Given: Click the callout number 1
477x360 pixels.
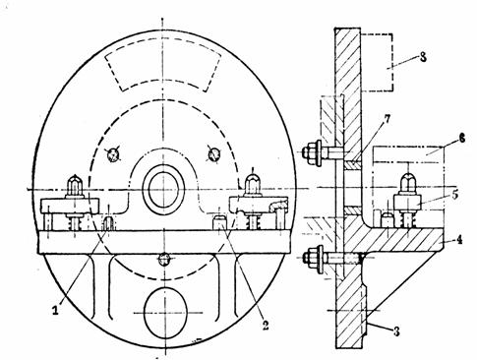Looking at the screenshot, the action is point(56,309).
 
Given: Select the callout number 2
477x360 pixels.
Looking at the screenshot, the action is point(266,325).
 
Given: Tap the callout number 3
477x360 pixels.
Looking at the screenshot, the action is point(396,331).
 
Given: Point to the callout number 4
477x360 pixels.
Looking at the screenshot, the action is point(459,240).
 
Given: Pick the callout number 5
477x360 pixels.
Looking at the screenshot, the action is point(454,194).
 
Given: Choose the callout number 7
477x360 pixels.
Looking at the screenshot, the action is point(388,119).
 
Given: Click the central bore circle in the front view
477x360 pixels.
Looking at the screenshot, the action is point(163,190).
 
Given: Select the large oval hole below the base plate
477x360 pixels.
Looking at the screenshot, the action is point(166,313).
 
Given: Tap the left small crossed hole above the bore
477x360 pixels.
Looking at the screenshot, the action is point(113,154).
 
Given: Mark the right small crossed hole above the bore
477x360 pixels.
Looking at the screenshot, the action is point(214,153).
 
